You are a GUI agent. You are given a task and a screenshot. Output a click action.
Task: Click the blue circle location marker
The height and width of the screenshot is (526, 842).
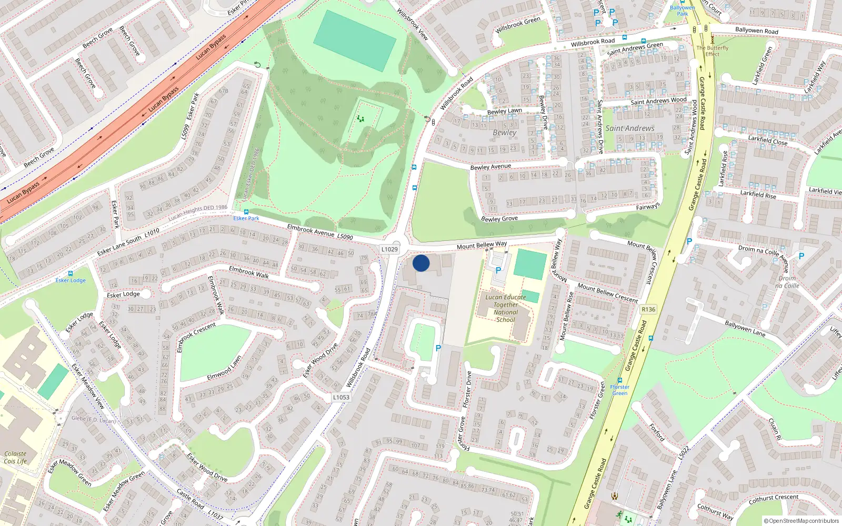click(421, 263)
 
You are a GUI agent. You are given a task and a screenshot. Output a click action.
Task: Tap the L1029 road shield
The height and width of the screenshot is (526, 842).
click(389, 249)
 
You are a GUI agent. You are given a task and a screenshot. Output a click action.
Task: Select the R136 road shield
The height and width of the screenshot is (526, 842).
click(648, 309)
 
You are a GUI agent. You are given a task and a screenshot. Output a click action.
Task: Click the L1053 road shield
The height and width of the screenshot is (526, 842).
click(341, 397)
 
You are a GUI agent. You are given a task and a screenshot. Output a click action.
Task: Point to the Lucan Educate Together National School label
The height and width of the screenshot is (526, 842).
click(505, 308)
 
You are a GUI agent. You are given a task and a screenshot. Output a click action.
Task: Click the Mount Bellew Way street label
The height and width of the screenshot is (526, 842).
click(482, 246)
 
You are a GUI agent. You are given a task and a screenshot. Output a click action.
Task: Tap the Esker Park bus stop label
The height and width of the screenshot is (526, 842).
click(246, 218)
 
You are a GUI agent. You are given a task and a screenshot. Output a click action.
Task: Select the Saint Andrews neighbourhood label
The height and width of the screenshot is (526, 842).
click(630, 128)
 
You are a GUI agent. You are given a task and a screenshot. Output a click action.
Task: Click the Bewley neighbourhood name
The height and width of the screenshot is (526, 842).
click(504, 133)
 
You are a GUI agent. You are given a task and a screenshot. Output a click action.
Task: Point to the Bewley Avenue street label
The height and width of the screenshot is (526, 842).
click(490, 167)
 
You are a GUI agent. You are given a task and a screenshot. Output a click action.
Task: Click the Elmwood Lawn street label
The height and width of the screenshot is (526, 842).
click(224, 368)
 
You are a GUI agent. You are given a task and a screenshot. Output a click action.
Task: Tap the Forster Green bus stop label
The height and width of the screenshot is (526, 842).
click(620, 390)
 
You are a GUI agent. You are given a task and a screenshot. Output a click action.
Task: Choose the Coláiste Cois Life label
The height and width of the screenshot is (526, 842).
click(15, 457)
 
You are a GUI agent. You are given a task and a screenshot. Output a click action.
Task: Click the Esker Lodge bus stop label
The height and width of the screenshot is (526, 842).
click(71, 280)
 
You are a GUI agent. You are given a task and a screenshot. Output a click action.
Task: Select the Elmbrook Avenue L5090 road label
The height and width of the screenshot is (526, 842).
click(320, 232)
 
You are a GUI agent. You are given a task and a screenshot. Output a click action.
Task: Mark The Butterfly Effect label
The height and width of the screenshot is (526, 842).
click(713, 50)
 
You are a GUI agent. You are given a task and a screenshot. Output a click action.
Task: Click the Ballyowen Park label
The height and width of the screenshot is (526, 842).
click(683, 10)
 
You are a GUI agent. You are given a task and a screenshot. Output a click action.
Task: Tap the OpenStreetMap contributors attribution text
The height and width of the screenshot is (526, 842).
click(801, 521)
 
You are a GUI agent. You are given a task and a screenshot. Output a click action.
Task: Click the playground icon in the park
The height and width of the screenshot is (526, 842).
click(360, 119)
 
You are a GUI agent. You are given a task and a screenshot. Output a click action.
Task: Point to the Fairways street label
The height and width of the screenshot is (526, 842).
click(647, 207)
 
